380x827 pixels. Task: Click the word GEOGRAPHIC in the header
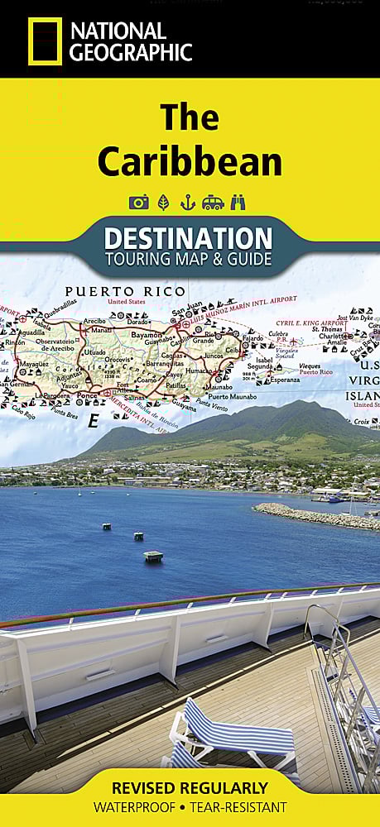point(131,52)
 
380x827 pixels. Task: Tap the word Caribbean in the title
point(190,162)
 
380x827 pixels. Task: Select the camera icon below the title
point(138,202)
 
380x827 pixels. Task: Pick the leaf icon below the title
point(163,202)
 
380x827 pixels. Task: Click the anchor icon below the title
point(188,202)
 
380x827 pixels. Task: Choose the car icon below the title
point(213,202)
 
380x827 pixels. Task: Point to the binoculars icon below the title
point(238,202)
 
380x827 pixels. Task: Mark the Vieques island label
point(309,365)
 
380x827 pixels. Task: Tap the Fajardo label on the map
point(253,337)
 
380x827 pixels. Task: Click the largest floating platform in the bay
point(153,556)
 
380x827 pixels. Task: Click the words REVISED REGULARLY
point(190,787)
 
